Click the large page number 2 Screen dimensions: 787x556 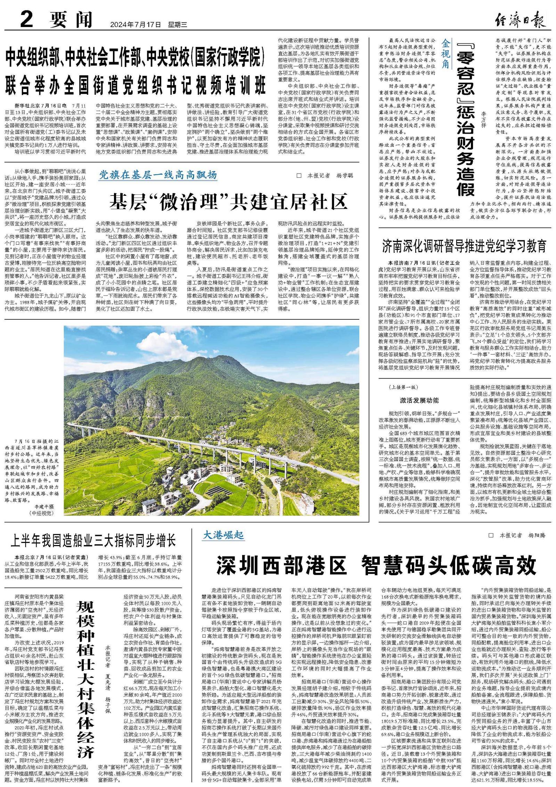(27, 20)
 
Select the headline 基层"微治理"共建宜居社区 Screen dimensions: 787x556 (229, 201)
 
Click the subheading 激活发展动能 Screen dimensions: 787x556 (419, 400)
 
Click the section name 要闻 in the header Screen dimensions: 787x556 (71, 20)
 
